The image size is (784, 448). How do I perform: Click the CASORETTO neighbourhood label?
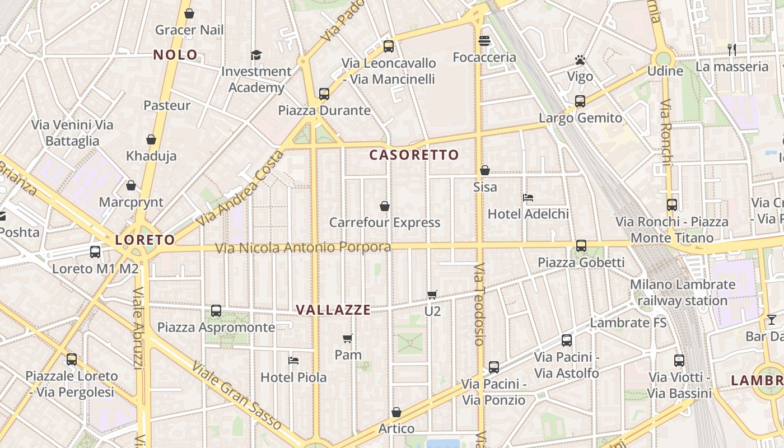pos(414,155)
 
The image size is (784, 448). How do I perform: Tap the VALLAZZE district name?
pos(333,310)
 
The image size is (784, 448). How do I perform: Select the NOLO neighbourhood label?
pos(176,55)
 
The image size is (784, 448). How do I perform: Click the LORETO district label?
pos(145,240)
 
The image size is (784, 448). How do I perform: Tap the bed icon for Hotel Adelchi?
pos(528,198)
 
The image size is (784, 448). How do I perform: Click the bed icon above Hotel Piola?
pos(293,360)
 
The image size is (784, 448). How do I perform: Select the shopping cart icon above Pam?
pos(347,338)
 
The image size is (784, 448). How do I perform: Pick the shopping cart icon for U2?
pos(432,294)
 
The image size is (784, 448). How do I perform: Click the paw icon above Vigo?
pos(580,59)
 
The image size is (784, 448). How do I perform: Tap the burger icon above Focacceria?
pos(484,40)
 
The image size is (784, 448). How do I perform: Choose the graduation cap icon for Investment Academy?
pos(256,55)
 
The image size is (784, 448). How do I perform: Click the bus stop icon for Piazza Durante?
pos(324,94)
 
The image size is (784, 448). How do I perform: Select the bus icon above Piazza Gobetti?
pos(581,245)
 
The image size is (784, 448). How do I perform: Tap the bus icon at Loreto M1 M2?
pos(95,252)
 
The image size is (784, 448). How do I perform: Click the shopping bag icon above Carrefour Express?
pos(385,206)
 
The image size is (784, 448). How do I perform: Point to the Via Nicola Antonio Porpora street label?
pos(303,247)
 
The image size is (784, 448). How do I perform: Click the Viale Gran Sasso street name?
pos(236,396)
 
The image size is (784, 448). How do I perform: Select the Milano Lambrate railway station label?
pos(683,292)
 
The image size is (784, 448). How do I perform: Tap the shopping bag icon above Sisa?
pos(485,170)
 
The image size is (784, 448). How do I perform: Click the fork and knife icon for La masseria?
pos(732,49)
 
